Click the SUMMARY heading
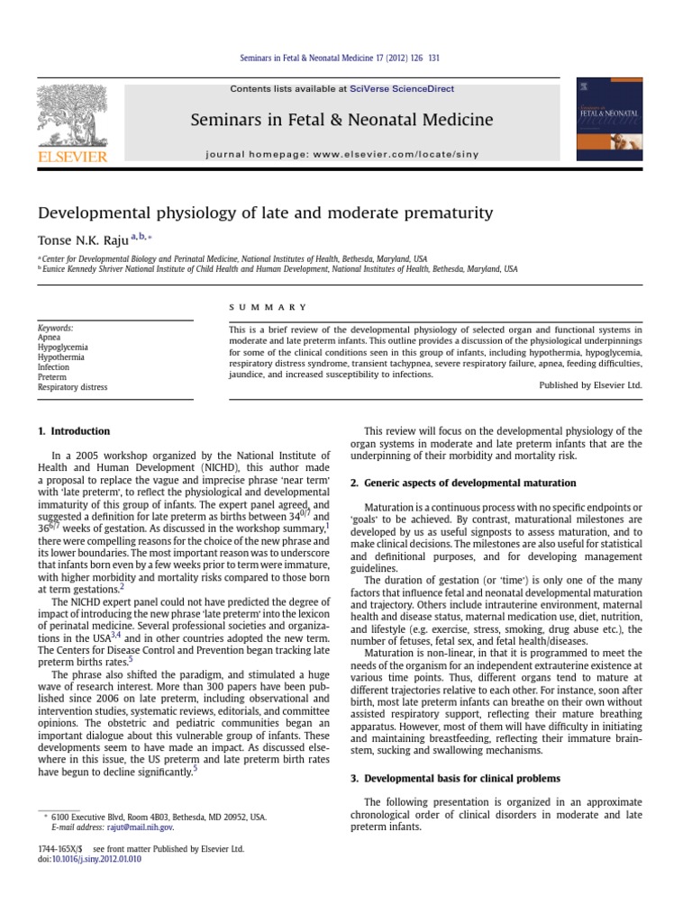[268, 308]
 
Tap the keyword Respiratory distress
[72, 387]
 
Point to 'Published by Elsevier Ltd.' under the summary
[590, 384]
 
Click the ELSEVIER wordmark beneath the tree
[71, 157]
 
